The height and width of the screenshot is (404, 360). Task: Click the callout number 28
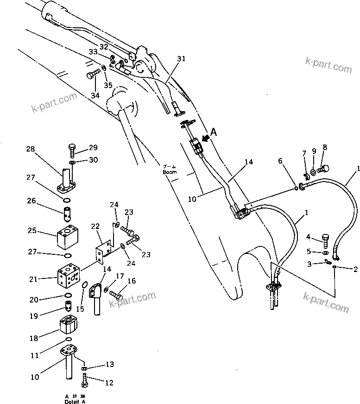point(30,149)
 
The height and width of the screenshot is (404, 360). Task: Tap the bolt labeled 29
point(72,150)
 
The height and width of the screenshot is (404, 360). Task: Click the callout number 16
point(132,281)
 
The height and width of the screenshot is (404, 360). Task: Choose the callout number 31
point(181,59)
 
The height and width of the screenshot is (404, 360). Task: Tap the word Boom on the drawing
point(170,172)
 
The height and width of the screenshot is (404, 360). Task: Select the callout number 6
point(280,161)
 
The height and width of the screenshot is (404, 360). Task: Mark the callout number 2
point(355,269)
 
